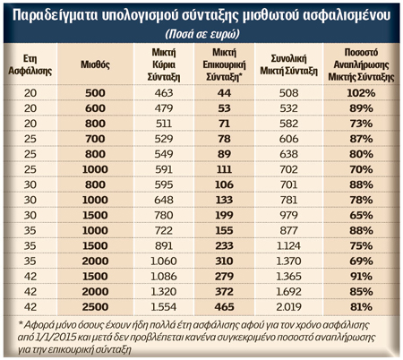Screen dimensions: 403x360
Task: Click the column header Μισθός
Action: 95,64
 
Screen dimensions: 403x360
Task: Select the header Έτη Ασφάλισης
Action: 30,64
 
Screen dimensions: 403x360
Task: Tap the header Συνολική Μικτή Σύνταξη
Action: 288,64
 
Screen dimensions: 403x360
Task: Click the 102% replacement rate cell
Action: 361,93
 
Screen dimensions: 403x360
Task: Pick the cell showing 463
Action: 164,93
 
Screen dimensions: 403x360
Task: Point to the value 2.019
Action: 288,307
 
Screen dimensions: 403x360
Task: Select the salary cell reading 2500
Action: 95,307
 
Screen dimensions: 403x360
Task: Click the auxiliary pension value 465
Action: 224,307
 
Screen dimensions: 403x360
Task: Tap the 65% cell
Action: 361,215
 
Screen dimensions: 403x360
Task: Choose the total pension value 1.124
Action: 288,245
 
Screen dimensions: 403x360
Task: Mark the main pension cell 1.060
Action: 164,261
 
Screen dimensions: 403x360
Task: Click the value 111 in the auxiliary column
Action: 224,169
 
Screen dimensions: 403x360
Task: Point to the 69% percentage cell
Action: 361,261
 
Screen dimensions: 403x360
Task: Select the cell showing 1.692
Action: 288,292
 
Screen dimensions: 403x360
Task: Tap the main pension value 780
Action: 164,215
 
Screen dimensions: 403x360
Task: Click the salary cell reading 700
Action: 95,139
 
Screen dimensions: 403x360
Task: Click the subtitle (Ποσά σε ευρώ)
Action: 202,34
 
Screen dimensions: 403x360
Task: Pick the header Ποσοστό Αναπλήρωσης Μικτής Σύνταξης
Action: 361,64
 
